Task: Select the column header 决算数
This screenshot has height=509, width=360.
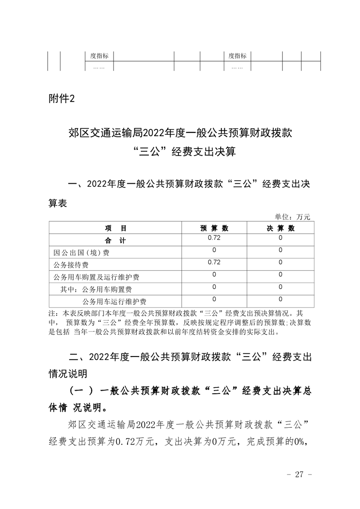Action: click(x=280, y=228)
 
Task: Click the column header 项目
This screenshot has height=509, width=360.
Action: click(x=115, y=228)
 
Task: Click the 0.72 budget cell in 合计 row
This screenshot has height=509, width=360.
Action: click(x=214, y=238)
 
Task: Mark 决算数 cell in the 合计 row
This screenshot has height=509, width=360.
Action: click(x=280, y=238)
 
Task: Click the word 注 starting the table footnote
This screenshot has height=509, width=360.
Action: click(x=51, y=313)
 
